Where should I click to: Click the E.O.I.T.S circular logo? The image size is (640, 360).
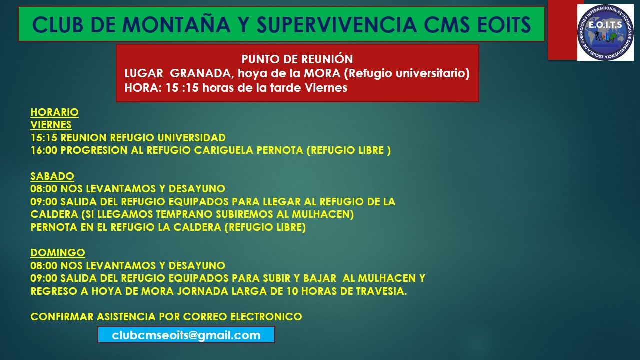click(605, 32)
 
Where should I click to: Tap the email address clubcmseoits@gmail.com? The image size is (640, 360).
click(186, 335)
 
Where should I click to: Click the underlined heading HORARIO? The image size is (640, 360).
click(54, 112)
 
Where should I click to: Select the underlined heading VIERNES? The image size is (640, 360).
click(51, 125)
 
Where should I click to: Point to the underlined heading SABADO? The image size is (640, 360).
click(52, 176)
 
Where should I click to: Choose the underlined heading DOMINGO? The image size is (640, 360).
click(57, 253)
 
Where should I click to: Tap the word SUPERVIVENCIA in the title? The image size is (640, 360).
click(337, 24)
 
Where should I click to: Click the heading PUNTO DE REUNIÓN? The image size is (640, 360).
click(297, 59)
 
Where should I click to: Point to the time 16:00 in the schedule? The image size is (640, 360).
click(44, 150)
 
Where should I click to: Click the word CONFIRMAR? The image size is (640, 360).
click(62, 317)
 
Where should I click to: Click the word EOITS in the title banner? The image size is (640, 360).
click(501, 24)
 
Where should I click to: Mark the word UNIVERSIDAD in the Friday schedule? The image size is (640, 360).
click(191, 138)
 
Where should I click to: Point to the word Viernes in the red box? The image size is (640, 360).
click(326, 88)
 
